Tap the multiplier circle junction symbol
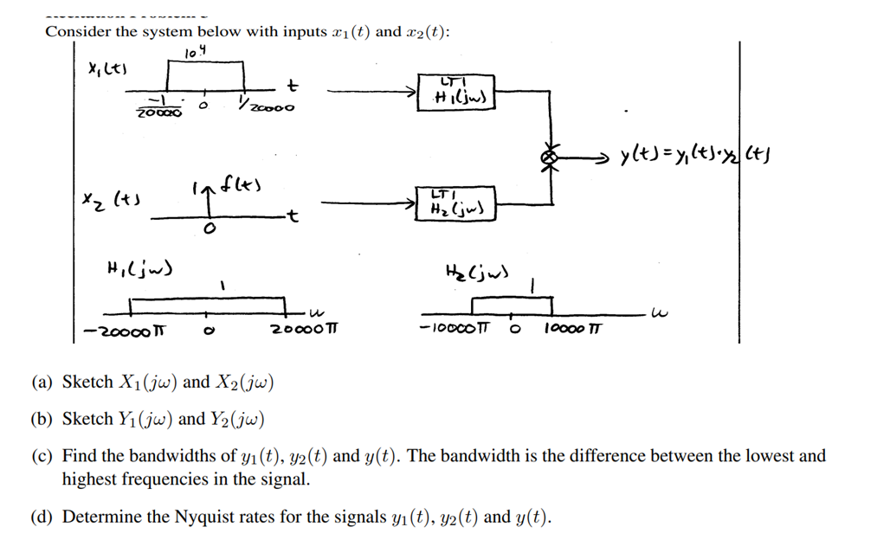coord(548,157)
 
